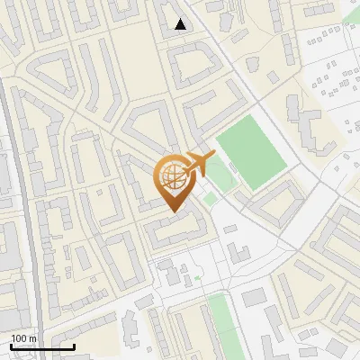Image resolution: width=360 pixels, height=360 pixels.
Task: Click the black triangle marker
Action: pyautogui.click(x=181, y=24)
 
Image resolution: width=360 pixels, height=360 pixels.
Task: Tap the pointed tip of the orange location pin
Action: pyautogui.click(x=172, y=211)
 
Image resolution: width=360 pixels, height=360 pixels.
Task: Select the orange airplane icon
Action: pyautogui.click(x=196, y=165)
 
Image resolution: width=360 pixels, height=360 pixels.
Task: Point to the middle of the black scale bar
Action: pyautogui.click(x=42, y=346)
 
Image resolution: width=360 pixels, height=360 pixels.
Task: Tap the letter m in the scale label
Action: pyautogui.click(x=32, y=338)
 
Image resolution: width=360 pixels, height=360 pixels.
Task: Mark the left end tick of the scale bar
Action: pyautogui.click(x=11, y=345)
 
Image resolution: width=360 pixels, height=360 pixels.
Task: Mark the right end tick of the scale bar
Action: pyautogui.click(x=74, y=345)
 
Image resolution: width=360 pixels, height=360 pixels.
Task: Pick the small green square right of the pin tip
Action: pyautogui.click(x=210, y=198)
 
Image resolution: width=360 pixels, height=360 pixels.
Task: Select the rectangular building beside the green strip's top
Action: pyautogui.click(x=254, y=296)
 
